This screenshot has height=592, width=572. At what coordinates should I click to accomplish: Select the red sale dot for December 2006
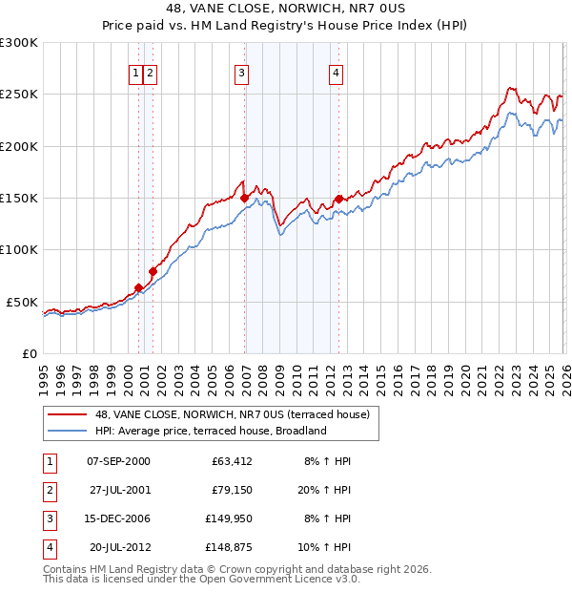pyautogui.click(x=245, y=199)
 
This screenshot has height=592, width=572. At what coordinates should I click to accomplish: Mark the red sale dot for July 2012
pyautogui.click(x=338, y=199)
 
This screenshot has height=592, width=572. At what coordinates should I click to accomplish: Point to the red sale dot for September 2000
pyautogui.click(x=138, y=287)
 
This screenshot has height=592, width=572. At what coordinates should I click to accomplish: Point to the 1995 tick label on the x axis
pyautogui.click(x=43, y=379)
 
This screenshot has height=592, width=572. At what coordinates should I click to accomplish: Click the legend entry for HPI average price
pyautogui.click(x=211, y=431)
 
